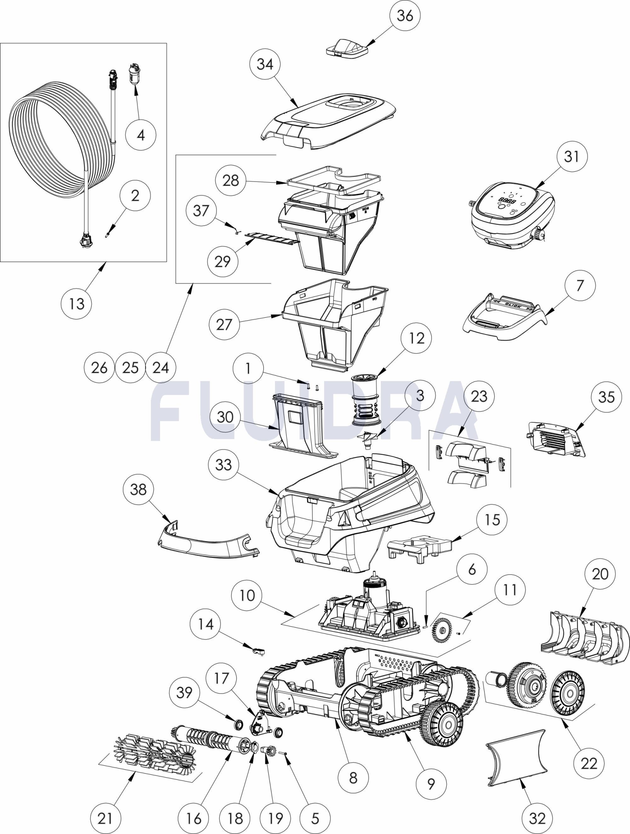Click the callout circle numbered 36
point(405,16)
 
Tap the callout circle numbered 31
point(572,156)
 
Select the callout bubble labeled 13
point(76,304)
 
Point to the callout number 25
point(130,367)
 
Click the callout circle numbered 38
point(138,489)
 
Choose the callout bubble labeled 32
point(537,818)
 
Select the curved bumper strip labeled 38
point(208,544)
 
